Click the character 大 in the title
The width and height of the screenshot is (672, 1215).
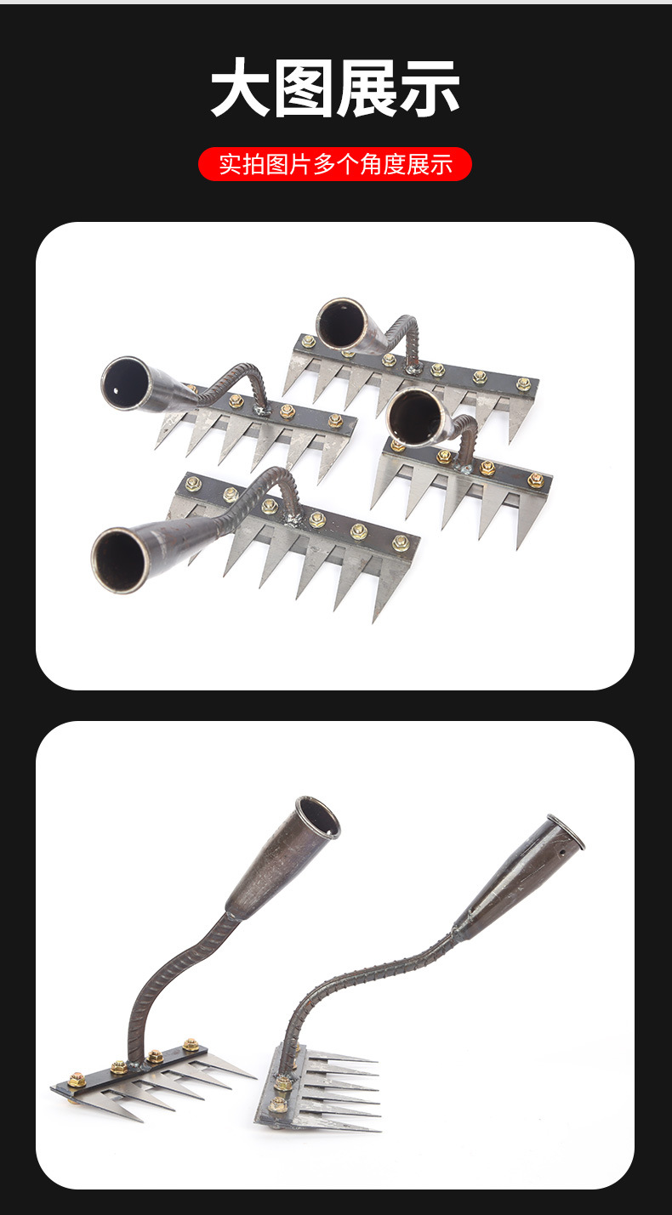pos(240,88)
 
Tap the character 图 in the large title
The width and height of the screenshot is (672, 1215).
pos(304,88)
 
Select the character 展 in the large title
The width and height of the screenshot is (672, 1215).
pos(367,88)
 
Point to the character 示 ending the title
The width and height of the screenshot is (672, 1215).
pos(430,88)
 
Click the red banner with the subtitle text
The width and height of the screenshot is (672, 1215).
pos(335,164)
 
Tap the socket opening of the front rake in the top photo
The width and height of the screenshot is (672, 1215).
pos(121,559)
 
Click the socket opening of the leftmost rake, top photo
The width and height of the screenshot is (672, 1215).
pos(126,383)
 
